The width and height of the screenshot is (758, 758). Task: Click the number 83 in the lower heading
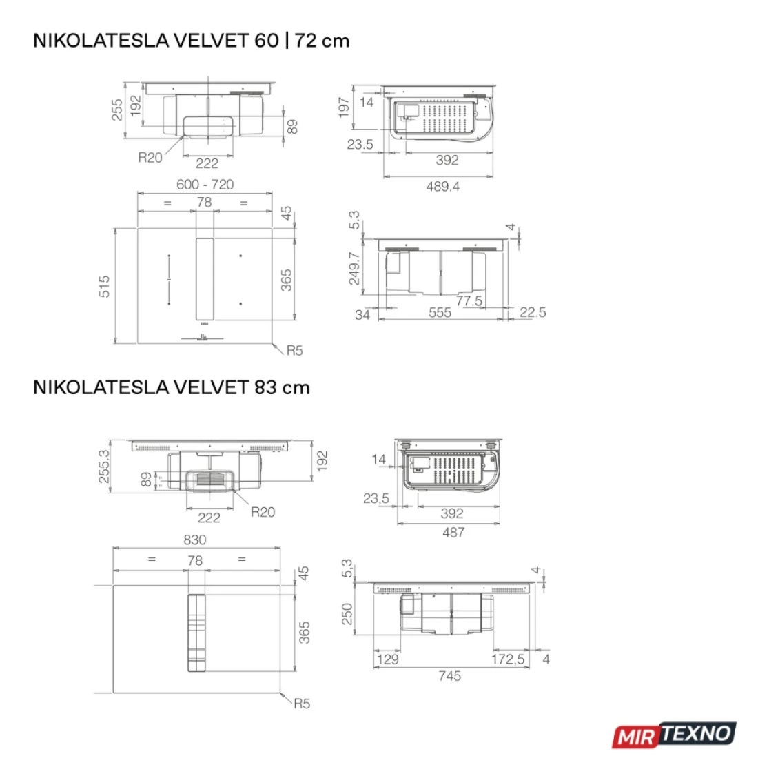coord(265,388)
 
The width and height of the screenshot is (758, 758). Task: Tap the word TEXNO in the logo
coord(696,734)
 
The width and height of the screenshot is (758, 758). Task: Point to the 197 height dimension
coord(344,107)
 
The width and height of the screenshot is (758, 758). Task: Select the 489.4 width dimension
coord(443,187)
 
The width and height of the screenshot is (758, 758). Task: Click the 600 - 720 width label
coord(205,185)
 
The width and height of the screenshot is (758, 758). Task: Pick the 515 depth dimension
coord(105,286)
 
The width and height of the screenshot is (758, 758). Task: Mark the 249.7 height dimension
coord(354,268)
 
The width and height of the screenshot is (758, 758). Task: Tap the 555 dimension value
coord(440,313)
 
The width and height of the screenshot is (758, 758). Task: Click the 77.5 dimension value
coord(469,300)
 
